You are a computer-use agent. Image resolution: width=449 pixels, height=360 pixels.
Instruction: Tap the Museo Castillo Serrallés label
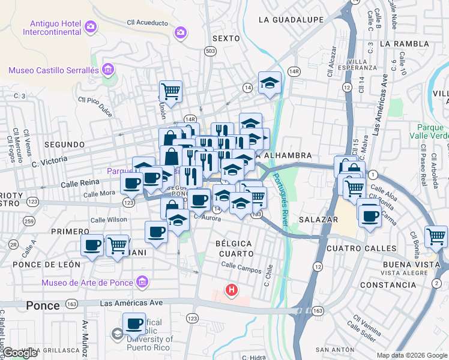(x=53, y=70)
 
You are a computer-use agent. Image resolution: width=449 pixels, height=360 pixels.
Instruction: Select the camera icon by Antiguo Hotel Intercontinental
(x=91, y=26)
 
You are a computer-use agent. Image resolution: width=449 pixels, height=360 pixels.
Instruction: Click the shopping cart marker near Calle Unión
(x=171, y=91)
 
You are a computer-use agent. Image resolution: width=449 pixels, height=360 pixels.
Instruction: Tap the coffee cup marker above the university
(x=134, y=324)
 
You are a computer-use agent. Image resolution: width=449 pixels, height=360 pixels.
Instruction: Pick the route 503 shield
(x=209, y=52)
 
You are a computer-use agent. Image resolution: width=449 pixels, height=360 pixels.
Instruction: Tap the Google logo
(x=20, y=353)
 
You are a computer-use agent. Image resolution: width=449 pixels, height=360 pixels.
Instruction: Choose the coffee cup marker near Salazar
(x=370, y=215)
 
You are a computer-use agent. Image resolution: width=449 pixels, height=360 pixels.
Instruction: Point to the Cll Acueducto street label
(x=148, y=22)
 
